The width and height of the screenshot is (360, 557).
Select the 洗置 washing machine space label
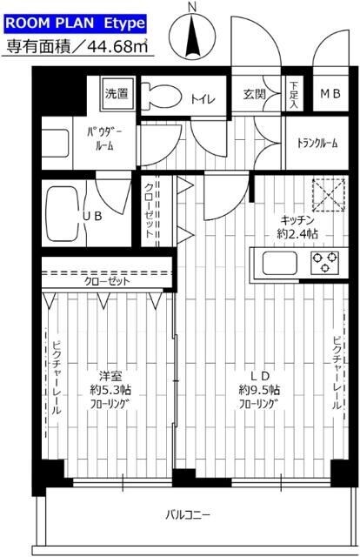pos(116,93)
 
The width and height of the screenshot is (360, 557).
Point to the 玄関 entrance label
pos(255,94)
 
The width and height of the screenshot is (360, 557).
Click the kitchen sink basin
pos(276,260)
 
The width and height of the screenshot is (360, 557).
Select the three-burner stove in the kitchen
pos(325,261)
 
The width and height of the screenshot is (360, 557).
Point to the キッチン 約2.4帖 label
pos(297,226)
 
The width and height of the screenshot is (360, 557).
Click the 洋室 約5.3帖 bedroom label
pos(109,389)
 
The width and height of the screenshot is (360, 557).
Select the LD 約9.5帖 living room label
pos(261,389)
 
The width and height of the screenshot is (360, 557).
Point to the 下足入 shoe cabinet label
pos(293,94)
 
